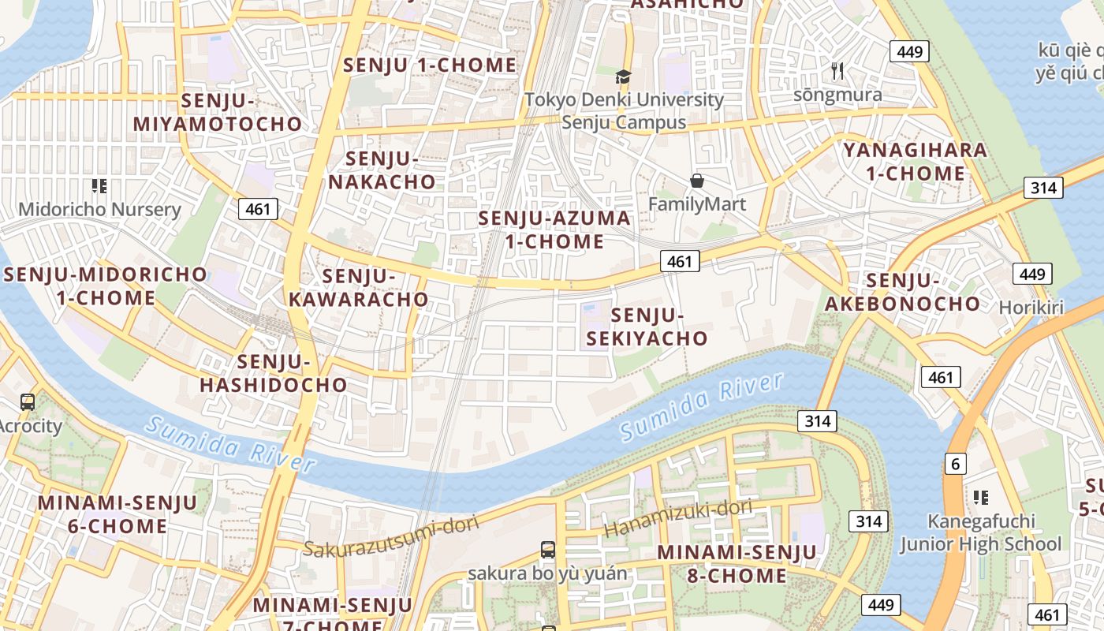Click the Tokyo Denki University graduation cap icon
pyautogui.click(x=624, y=77)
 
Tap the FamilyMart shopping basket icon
pyautogui.click(x=697, y=181)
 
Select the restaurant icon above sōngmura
pyautogui.click(x=837, y=71)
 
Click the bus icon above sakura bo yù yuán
pyautogui.click(x=548, y=550)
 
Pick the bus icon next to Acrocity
pyautogui.click(x=28, y=401)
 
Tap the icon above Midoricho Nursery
pyautogui.click(x=99, y=186)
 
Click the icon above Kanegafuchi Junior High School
pyautogui.click(x=981, y=497)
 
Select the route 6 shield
pyautogui.click(x=955, y=464)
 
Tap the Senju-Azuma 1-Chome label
pyautogui.click(x=554, y=230)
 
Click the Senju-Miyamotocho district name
pyautogui.click(x=217, y=113)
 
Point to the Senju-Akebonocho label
pyautogui.click(x=903, y=292)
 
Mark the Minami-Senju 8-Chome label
pyautogui.click(x=737, y=564)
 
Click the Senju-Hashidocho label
pyautogui.click(x=274, y=374)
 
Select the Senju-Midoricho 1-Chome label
pyautogui.click(x=106, y=286)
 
